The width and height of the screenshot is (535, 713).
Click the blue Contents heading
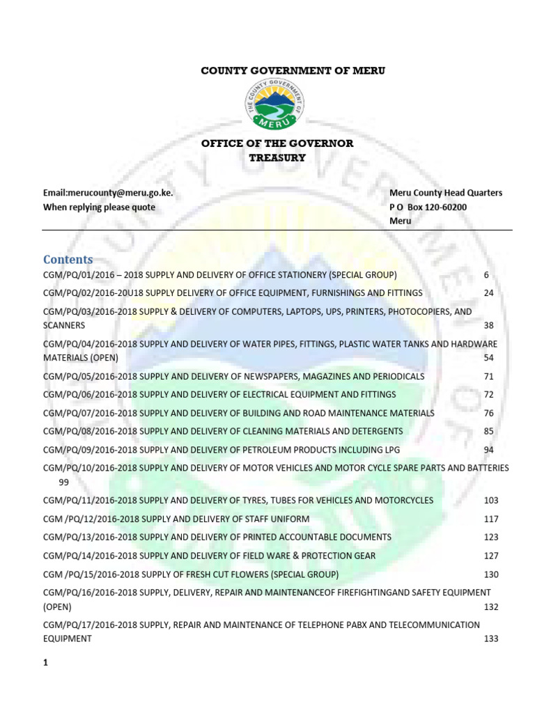pyautogui.click(x=68, y=260)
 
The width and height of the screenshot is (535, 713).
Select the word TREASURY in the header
pyautogui.click(x=277, y=157)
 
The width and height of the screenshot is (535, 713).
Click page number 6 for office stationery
pyautogui.click(x=486, y=274)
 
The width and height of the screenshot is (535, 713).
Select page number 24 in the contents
pyautogui.click(x=488, y=293)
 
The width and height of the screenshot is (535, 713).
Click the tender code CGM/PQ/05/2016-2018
pyautogui.click(x=91, y=377)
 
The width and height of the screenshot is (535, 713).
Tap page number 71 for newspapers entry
pyautogui.click(x=488, y=377)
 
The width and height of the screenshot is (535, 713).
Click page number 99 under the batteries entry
pyautogui.click(x=64, y=482)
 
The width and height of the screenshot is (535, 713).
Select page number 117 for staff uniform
pyautogui.click(x=491, y=519)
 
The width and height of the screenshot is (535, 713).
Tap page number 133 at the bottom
pyautogui.click(x=491, y=638)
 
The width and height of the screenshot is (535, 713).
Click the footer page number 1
pyautogui.click(x=45, y=664)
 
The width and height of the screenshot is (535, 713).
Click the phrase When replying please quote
pyautogui.click(x=99, y=207)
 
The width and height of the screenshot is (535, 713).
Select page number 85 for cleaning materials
pyautogui.click(x=488, y=432)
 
